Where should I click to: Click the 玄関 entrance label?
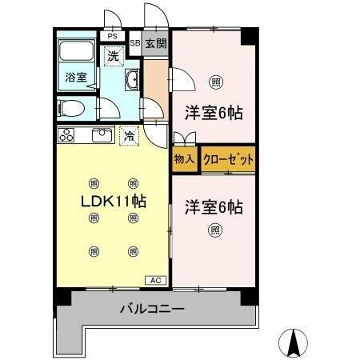tap(156, 44)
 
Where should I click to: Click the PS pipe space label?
tap(112, 36)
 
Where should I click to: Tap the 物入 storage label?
tap(184, 159)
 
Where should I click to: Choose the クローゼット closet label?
tap(228, 159)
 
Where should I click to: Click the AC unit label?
tap(155, 280)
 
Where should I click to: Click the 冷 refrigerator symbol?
tap(128, 135)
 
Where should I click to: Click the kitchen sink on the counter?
tap(102, 135)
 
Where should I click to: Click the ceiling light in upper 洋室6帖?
tap(215, 81)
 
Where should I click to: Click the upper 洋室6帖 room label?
tap(214, 113)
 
